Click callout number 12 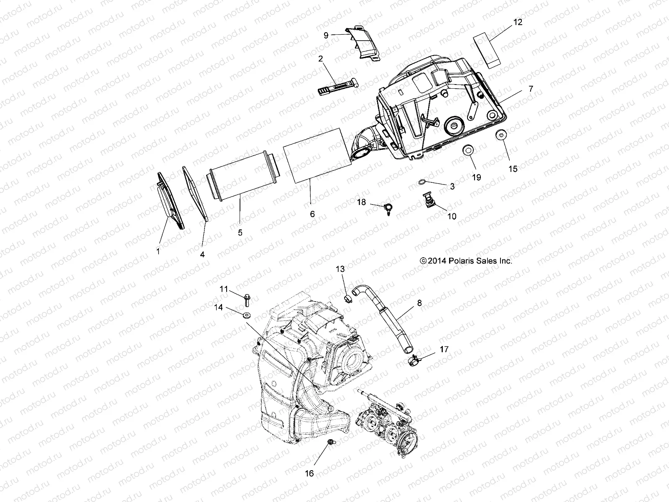coord(518,23)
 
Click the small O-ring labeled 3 coord(423,182)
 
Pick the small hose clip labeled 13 coord(347,298)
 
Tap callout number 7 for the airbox coord(531,89)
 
